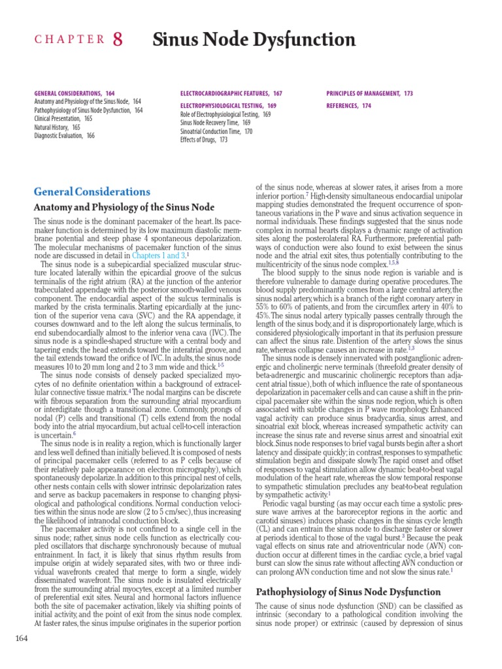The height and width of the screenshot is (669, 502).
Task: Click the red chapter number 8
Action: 118,41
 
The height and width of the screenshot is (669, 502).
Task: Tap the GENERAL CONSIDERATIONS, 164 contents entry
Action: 73,93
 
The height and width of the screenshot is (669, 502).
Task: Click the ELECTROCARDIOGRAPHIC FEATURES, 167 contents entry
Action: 231,93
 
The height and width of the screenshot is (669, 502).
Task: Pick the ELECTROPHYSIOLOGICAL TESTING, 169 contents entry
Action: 228,105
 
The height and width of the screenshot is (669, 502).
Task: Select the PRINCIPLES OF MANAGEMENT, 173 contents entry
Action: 369,93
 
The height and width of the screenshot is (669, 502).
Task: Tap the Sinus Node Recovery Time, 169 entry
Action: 215,122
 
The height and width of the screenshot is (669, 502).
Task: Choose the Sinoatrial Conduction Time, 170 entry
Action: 216,131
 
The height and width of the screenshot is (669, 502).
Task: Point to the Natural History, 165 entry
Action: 57,127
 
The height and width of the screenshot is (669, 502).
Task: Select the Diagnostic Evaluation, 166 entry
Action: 64,136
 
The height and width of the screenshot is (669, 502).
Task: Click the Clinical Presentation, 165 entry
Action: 63,119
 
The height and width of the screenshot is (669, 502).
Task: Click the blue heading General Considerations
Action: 92,192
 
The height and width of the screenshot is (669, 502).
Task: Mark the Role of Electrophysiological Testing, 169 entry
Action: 226,114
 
